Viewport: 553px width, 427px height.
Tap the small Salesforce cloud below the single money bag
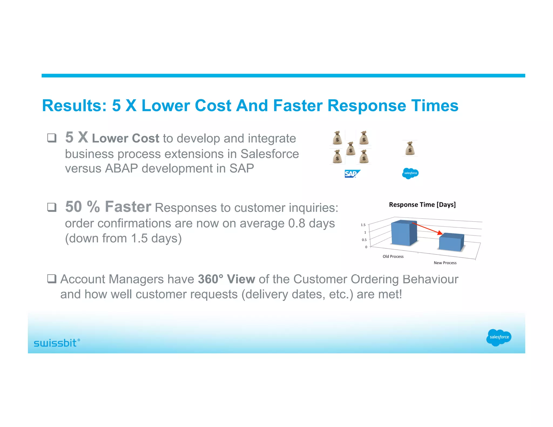point(410,173)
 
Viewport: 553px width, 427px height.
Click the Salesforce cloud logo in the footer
point(498,337)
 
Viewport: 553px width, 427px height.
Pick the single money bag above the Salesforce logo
point(410,148)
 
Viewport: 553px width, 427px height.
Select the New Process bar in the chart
point(451,243)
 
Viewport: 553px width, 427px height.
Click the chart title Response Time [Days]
point(422,205)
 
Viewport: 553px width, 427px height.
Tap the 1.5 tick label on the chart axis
point(363,225)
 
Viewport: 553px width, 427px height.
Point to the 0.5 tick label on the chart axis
point(364,240)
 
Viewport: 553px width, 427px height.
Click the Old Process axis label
point(393,256)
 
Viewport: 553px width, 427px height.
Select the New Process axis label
point(445,263)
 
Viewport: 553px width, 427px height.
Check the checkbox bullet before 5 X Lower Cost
point(52,138)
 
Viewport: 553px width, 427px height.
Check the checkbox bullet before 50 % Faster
point(52,207)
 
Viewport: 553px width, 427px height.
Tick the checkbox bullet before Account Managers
point(52,279)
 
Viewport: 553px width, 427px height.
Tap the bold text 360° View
point(226,279)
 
